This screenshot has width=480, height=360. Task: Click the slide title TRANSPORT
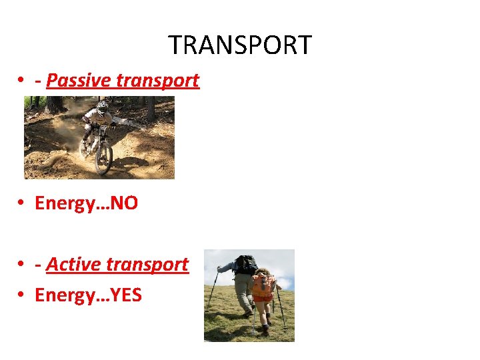pos(239,45)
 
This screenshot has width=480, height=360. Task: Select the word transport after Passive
pos(157,81)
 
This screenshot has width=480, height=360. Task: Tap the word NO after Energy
pos(124,203)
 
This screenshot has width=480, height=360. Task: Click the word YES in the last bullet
pos(126,294)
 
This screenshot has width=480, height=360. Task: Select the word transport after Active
pos(151,265)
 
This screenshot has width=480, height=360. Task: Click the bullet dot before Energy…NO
pos(22,204)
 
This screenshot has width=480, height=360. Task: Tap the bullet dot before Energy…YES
pos(22,295)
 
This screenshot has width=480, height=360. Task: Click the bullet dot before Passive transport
pos(22,81)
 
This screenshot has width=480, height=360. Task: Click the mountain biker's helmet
pos(101,105)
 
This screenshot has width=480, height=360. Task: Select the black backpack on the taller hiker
pos(246,265)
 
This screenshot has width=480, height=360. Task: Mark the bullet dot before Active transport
pos(22,265)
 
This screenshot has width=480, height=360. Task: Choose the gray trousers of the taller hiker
pos(244,289)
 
